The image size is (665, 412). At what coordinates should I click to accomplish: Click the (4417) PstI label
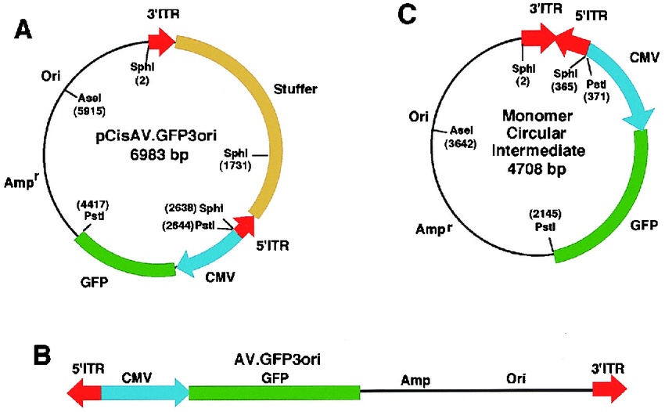pos(92,210)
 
